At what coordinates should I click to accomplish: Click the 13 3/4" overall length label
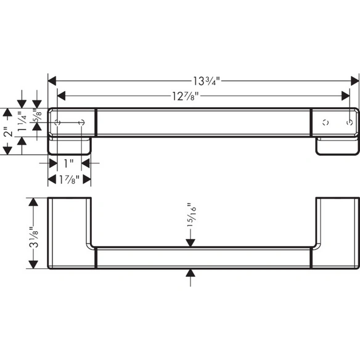pos(206,81)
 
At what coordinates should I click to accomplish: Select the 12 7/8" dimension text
pos(186,96)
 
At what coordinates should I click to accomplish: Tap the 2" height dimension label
pos(8,131)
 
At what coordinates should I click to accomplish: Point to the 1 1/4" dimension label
pos(22,121)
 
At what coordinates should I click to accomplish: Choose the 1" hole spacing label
pos(68,163)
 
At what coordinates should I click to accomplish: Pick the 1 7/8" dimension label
pos(69,179)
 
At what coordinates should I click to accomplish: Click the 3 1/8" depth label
pos(33,237)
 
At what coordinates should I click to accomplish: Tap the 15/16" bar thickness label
pos(191,215)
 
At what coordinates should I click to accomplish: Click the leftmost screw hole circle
pos(57,123)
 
